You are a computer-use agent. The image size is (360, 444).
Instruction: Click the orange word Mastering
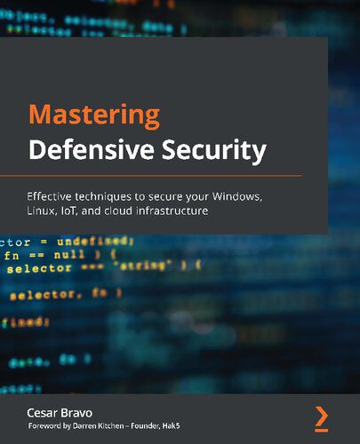click(95, 116)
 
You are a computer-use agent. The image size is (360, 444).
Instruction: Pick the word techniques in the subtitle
click(119, 195)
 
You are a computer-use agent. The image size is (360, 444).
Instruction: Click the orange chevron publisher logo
click(321, 416)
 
